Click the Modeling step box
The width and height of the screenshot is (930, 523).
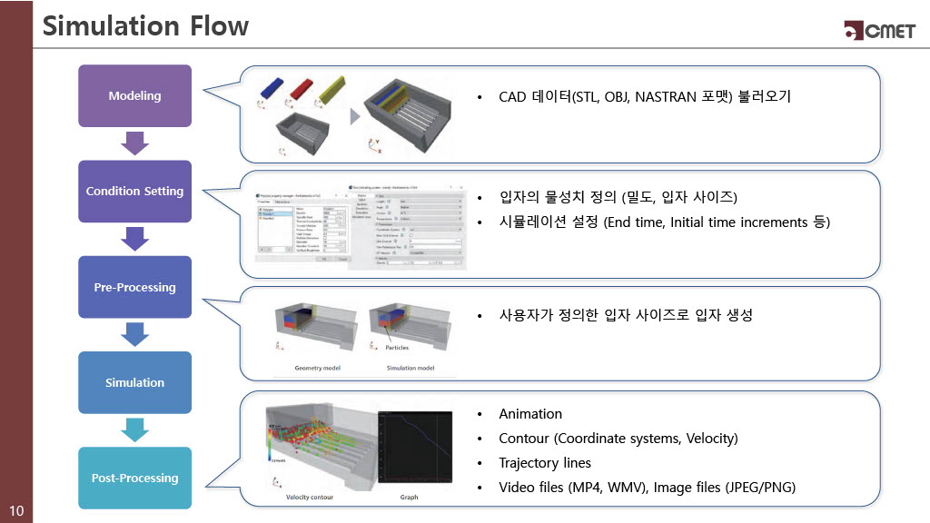[134, 95]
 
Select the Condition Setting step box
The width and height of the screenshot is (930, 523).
[134, 192]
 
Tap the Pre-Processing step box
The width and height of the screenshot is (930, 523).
[134, 287]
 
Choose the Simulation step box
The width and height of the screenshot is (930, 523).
[134, 382]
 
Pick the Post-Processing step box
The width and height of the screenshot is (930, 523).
[134, 478]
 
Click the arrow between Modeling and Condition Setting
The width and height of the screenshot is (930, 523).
[134, 143]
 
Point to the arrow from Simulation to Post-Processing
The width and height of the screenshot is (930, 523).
[134, 429]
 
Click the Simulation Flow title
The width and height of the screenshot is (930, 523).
[145, 26]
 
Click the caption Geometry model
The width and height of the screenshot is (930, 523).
[318, 368]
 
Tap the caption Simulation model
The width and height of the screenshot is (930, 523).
[410, 368]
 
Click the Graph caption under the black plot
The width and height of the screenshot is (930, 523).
[409, 498]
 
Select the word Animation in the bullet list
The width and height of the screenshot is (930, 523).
[530, 414]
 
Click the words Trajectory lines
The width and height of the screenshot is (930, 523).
[545, 463]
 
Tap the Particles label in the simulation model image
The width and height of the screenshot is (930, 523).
[397, 347]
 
